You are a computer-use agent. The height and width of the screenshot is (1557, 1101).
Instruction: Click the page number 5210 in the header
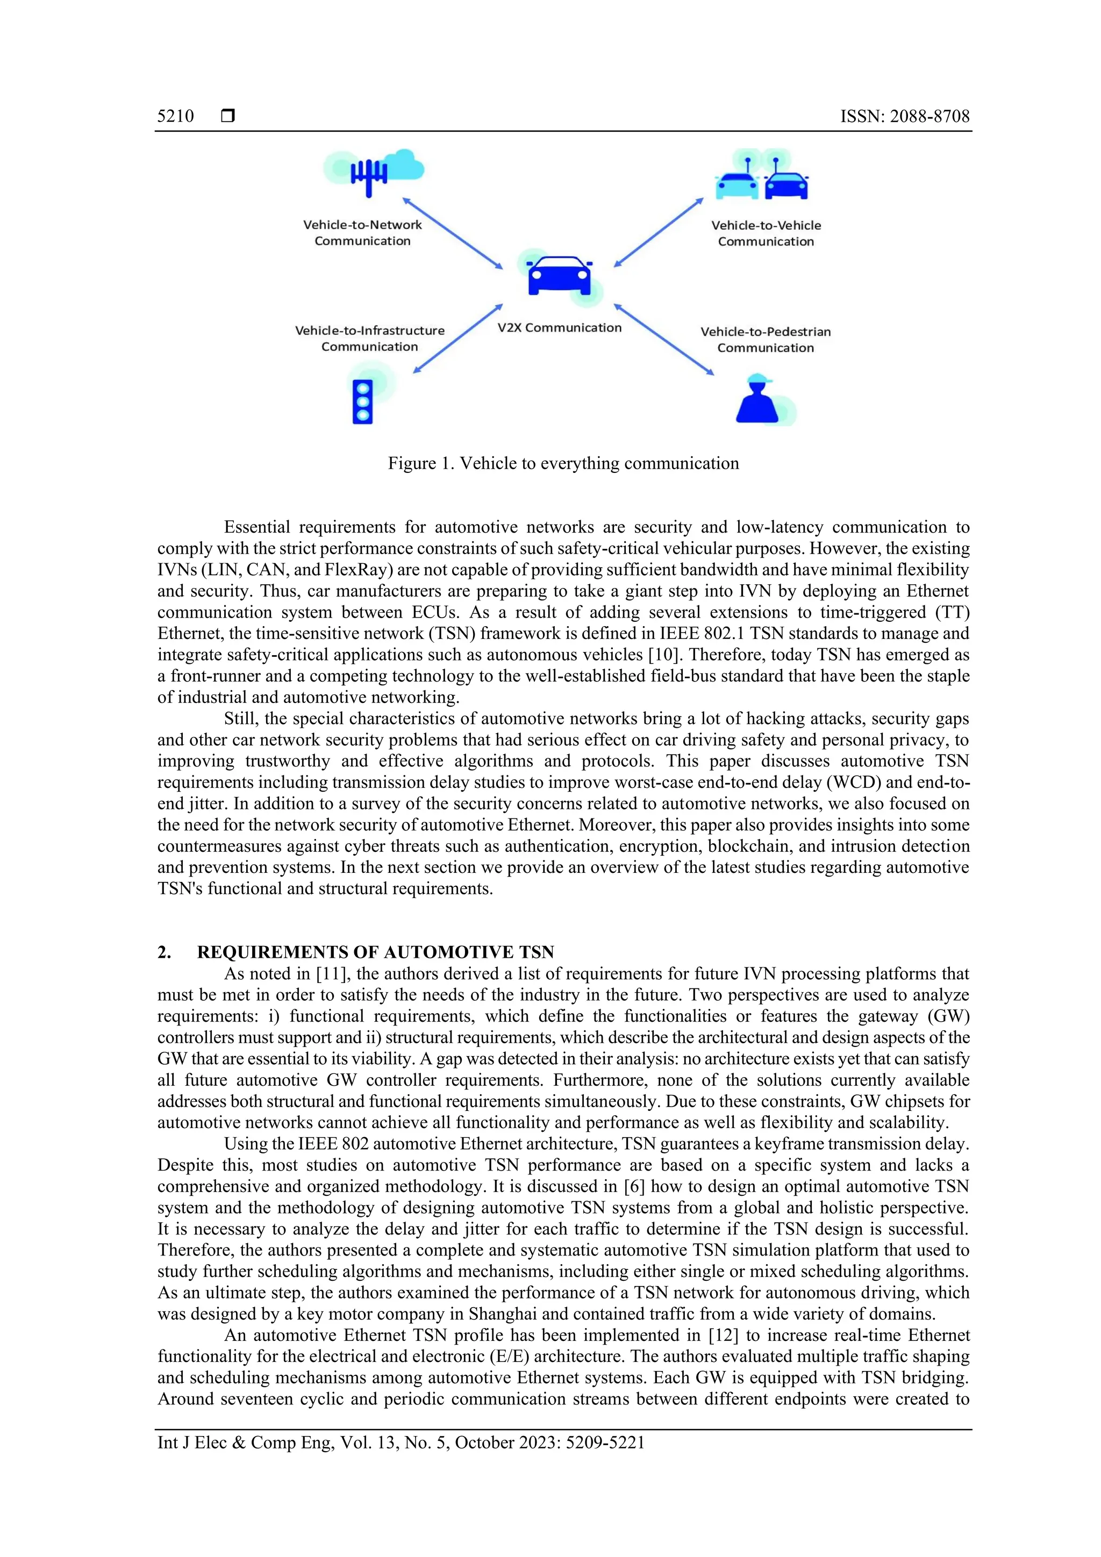click(x=175, y=116)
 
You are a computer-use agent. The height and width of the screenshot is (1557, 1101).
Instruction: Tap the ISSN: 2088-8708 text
click(x=904, y=116)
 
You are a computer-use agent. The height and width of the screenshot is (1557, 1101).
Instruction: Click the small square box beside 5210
click(x=228, y=116)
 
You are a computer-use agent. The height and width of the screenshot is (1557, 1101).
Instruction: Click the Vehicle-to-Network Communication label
click(x=362, y=233)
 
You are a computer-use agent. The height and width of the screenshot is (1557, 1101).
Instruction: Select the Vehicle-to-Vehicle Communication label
click(x=766, y=233)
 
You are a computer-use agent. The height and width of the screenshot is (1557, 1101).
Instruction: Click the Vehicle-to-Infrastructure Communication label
click(x=370, y=339)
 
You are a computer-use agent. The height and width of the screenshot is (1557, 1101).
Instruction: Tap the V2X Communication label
click(x=559, y=327)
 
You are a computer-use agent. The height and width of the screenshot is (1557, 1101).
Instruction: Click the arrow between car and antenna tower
click(x=453, y=233)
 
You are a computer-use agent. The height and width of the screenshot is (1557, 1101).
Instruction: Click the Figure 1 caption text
click(x=563, y=463)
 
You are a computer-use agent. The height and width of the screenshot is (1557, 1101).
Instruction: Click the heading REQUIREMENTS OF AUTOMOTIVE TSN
click(x=375, y=952)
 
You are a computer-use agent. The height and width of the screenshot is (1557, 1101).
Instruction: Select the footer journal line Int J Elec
click(x=400, y=1443)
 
